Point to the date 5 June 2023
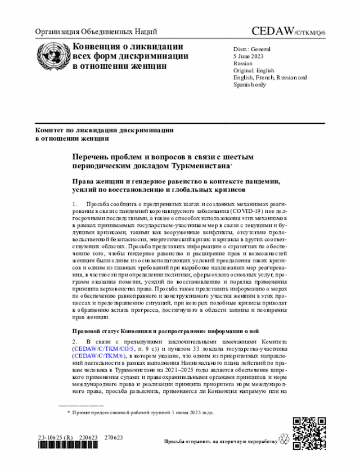pos(249,57)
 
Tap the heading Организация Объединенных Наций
pos(96,32)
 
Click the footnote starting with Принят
pos(143,413)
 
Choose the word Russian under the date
pos(243,64)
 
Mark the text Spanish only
pos(250,84)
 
